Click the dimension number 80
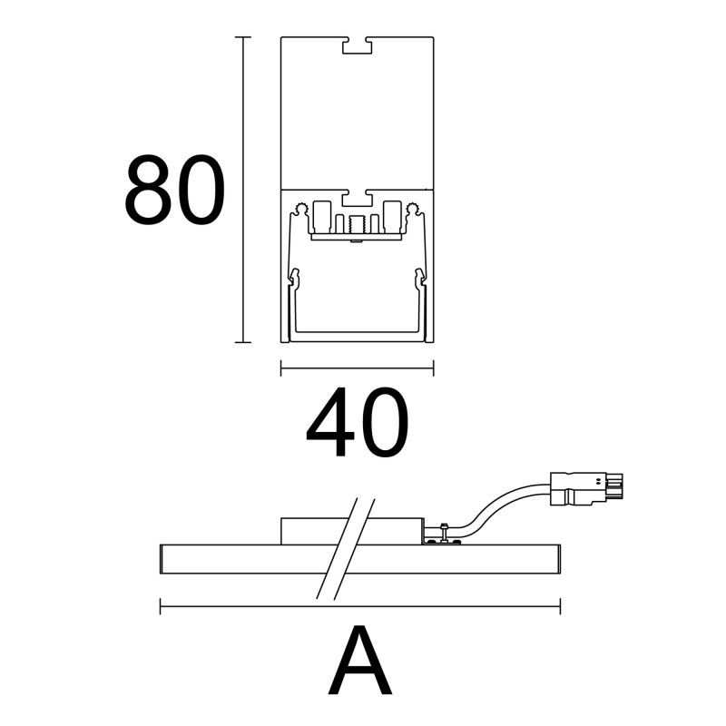tap(174, 191)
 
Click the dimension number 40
tap(357, 422)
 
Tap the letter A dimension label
tap(359, 660)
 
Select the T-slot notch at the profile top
tap(357, 44)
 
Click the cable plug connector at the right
tap(586, 489)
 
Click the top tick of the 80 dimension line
tap(243, 37)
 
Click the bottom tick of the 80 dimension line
tap(243, 342)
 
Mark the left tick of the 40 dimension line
tap(281, 368)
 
